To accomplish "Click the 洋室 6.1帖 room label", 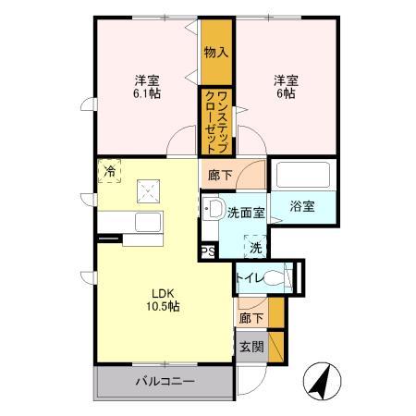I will (146, 86).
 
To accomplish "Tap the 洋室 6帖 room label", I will (283, 86).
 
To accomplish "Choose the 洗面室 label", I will (246, 213).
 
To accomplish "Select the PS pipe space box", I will (207, 249).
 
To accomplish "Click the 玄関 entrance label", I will (251, 348).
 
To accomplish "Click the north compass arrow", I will (326, 378).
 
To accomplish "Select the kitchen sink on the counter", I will (148, 224).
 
